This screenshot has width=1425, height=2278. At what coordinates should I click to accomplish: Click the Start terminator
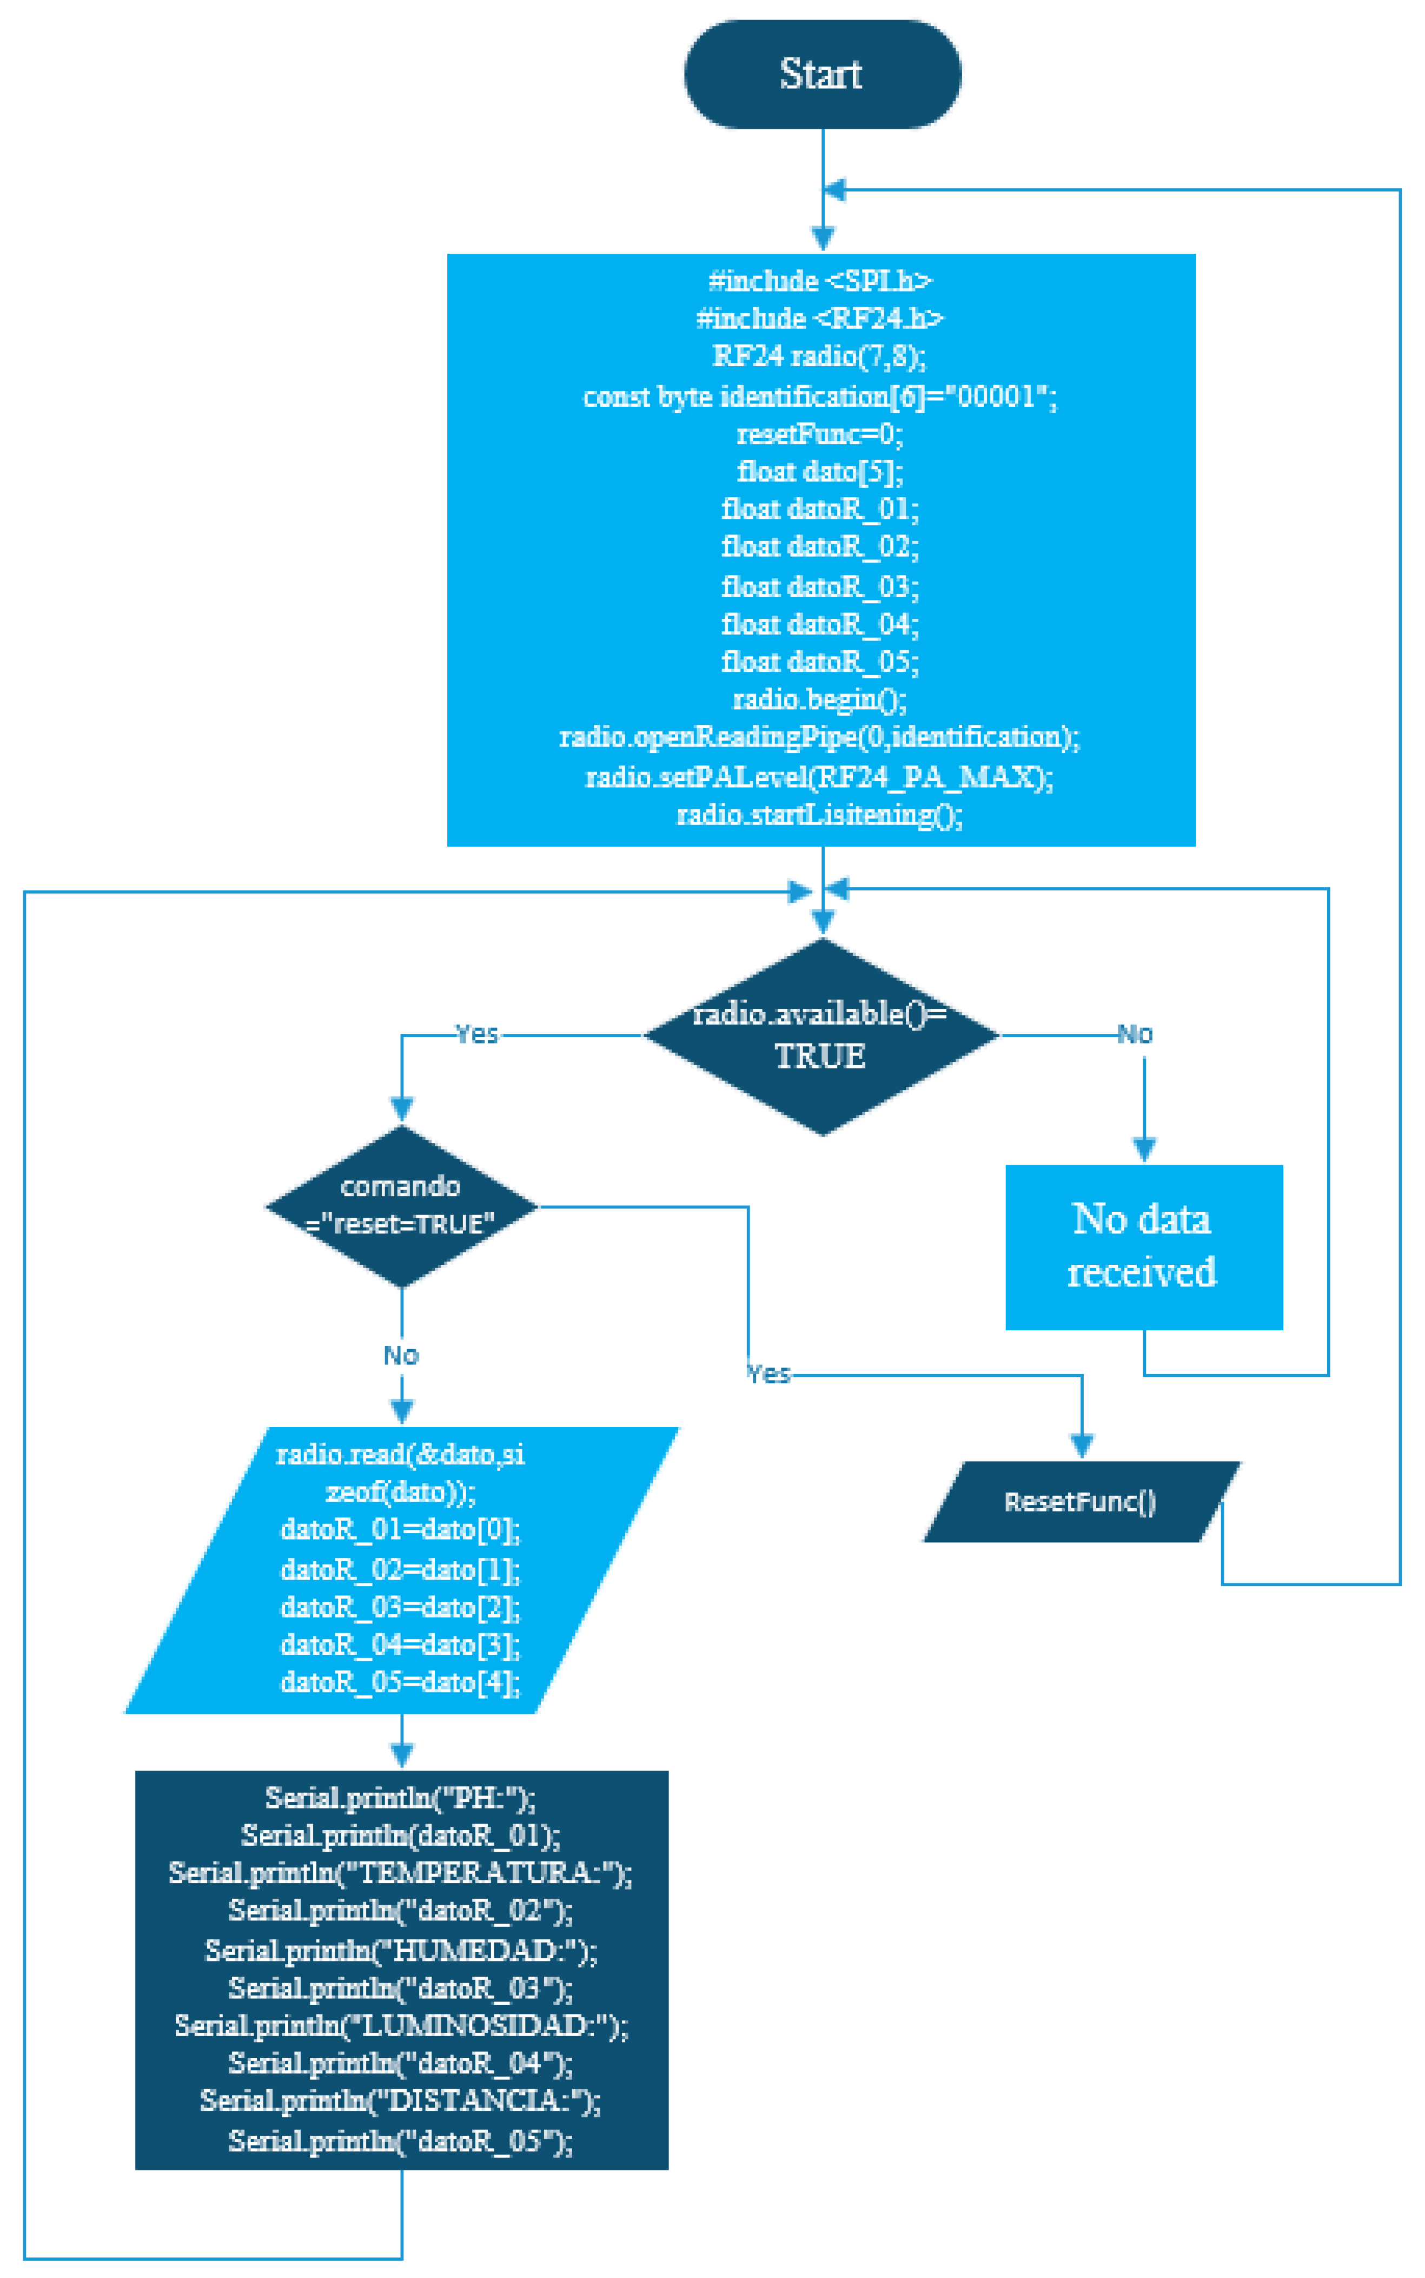click(x=822, y=75)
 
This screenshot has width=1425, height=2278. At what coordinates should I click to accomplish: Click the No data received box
click(x=1143, y=1246)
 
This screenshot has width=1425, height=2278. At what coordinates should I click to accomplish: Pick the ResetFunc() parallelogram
click(x=1080, y=1501)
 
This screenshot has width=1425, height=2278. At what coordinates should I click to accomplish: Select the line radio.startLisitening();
click(x=820, y=814)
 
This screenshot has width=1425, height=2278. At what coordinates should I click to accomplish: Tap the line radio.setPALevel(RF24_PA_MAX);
click(x=820, y=777)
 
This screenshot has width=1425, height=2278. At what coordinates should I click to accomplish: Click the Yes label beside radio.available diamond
click(x=477, y=1034)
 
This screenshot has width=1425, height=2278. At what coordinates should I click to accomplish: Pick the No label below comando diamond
click(x=401, y=1355)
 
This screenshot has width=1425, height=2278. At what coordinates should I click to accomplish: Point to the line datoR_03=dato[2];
click(x=401, y=1607)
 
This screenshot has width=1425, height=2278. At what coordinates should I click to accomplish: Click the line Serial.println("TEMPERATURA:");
click(x=401, y=1873)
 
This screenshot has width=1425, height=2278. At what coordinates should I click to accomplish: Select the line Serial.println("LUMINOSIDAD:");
click(x=401, y=2025)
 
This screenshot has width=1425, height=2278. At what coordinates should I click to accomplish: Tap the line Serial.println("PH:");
click(x=401, y=1797)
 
